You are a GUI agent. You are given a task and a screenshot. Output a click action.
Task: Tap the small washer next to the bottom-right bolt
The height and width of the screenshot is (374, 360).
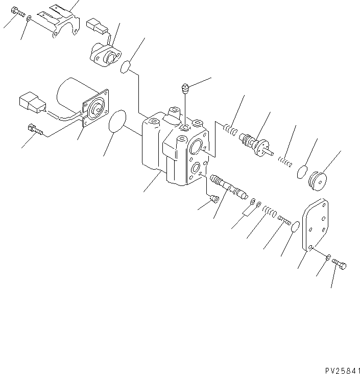pyautogui.click(x=328, y=256)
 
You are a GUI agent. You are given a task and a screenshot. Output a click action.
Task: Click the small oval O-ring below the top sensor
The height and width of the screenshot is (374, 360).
pyautogui.click(x=127, y=67)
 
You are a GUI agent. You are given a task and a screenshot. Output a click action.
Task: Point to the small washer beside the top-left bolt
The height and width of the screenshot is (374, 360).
pyautogui.click(x=30, y=18)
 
